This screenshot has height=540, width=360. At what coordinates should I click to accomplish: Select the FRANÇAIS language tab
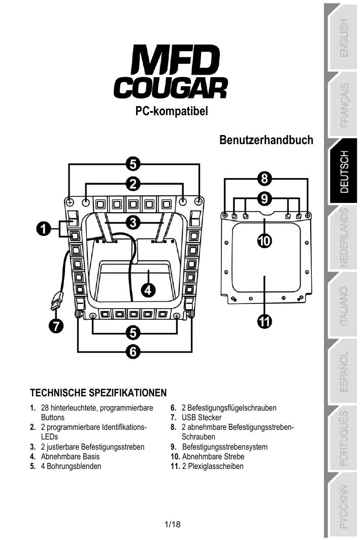344,105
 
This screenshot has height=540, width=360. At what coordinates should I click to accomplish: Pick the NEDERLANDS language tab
344,238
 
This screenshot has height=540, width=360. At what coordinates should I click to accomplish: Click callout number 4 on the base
147,290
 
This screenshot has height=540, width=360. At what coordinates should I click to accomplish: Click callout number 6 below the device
133,351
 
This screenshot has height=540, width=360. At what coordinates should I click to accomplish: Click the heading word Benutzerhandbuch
266,140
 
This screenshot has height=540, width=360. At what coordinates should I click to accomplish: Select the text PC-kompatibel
172,111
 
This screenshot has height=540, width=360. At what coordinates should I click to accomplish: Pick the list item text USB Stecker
201,418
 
